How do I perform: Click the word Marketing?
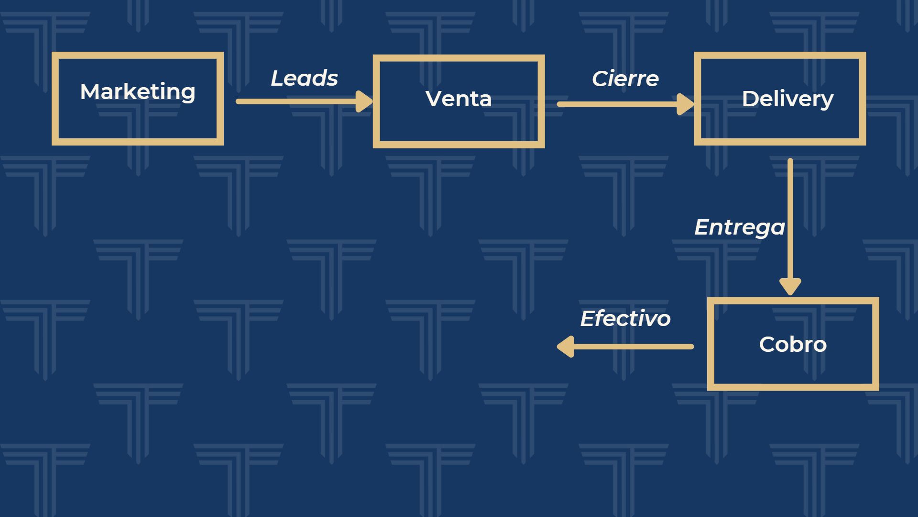pos(138,92)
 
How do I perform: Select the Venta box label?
pos(459,99)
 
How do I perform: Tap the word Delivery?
pos(787,99)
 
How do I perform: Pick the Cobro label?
pos(793,345)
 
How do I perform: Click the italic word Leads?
pos(304,79)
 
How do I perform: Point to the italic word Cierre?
pos(625,79)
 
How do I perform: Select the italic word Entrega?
pos(739,227)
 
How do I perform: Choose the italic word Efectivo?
pos(625,319)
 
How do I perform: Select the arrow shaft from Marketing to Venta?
pos(296,101)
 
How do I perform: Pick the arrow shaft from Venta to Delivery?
pos(617,104)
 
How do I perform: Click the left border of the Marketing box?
pos(55,99)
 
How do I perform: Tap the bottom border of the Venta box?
pos(459,145)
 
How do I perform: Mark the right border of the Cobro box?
pos(875,344)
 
